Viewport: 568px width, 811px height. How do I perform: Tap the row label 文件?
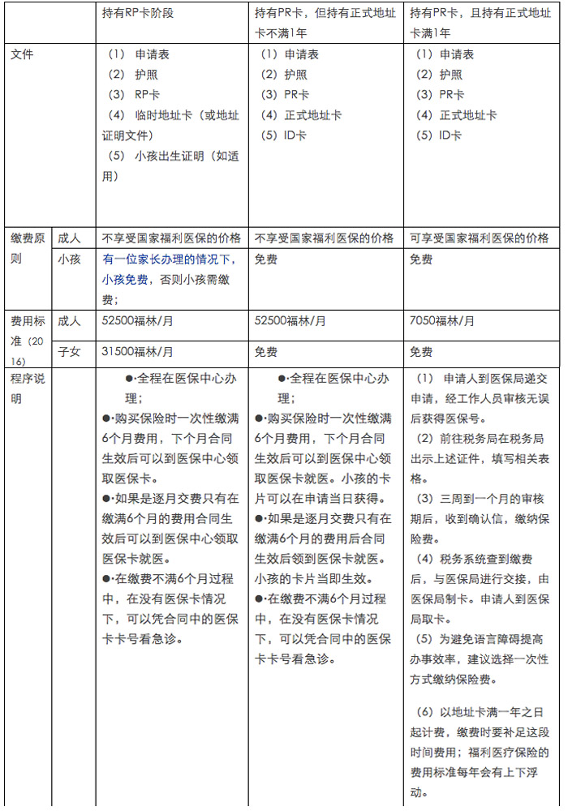click(22, 55)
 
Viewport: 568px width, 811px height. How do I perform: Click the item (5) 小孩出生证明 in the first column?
click(166, 165)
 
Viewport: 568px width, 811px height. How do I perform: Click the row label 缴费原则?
click(28, 249)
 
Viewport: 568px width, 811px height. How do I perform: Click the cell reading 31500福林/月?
click(137, 352)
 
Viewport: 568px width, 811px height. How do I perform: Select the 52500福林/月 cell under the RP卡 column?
click(137, 321)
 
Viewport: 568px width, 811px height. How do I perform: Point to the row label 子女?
click(70, 352)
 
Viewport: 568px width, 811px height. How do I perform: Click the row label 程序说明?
click(28, 388)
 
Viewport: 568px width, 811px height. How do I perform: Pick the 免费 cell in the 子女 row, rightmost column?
click(421, 352)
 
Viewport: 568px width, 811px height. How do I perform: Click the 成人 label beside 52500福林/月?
click(70, 321)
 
